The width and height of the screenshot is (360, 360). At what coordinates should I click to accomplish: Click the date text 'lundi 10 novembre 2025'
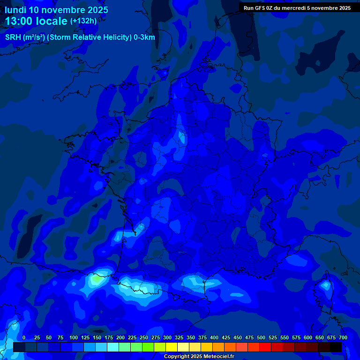click(x=56, y=9)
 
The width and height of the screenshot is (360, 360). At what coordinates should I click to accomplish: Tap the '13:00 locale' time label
click(x=36, y=21)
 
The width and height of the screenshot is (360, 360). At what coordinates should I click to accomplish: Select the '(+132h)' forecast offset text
click(x=83, y=21)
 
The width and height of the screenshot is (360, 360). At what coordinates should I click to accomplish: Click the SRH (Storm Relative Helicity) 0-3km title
click(x=80, y=37)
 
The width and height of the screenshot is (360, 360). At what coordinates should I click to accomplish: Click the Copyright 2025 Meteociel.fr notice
click(x=199, y=357)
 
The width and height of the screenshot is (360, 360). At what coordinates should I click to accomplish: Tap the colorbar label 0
click(x=24, y=337)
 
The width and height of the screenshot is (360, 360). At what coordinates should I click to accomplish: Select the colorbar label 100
click(x=74, y=337)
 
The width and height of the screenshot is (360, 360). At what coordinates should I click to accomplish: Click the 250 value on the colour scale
click(x=144, y=337)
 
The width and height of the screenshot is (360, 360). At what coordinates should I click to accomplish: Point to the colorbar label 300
click(x=167, y=337)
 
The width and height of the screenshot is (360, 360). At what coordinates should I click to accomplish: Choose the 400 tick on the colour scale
click(x=214, y=337)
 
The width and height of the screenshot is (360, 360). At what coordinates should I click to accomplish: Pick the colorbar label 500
click(x=261, y=337)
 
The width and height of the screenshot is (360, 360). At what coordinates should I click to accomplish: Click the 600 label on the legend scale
click(x=308, y=337)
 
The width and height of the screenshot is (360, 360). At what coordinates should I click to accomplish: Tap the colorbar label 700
click(x=343, y=337)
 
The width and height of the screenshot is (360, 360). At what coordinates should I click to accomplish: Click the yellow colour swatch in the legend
click(x=172, y=347)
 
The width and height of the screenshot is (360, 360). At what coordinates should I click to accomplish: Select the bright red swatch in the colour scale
click(x=265, y=347)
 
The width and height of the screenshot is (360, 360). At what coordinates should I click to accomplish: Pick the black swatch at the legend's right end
click(x=336, y=347)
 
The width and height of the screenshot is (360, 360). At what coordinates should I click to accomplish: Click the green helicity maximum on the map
click(x=97, y=279)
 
